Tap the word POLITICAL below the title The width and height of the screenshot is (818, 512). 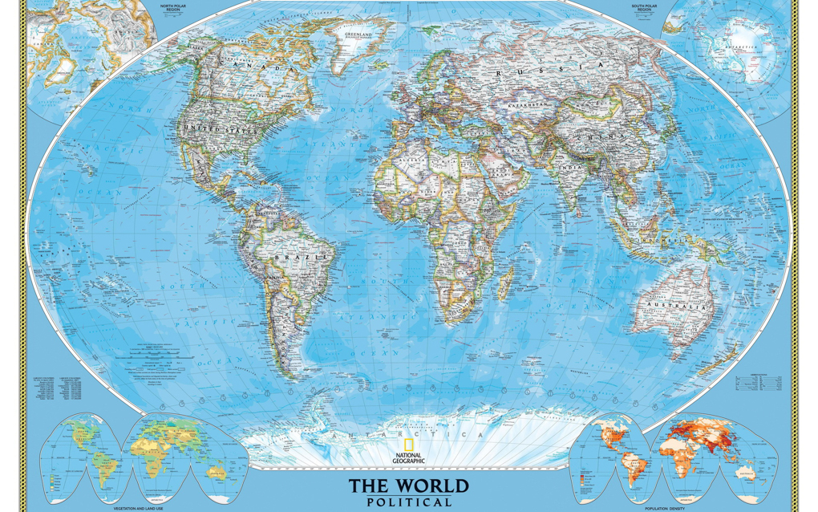pyautogui.click(x=409, y=502)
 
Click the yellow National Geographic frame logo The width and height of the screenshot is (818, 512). pyautogui.click(x=409, y=448)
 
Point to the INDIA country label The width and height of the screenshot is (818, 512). pyautogui.click(x=574, y=169)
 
